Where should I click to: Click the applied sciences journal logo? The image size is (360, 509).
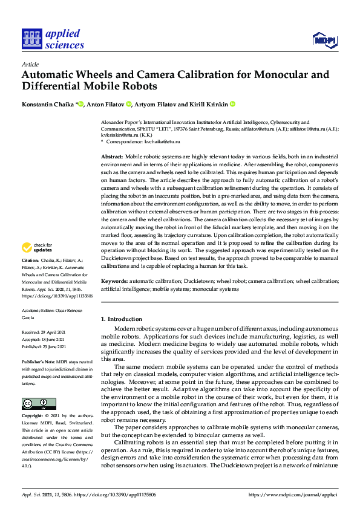pos(53,39)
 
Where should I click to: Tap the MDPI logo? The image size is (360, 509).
pos(324,41)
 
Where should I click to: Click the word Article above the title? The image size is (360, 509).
pos(30,64)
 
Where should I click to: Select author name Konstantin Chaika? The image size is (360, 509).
pos(47,104)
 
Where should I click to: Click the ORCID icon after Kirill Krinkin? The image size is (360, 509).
pos(231,104)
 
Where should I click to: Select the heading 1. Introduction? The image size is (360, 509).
pos(121,319)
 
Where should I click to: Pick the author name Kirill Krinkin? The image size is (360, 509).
pos(207,104)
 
